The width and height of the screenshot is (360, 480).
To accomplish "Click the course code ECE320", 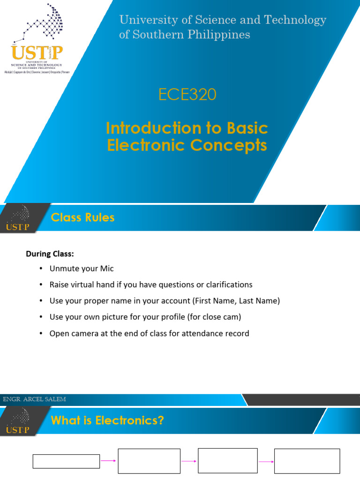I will (187, 95).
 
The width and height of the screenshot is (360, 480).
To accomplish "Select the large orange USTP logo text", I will (37, 53).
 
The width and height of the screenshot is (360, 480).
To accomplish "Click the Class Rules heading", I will (82, 217).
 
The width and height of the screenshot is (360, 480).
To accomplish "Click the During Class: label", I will (50, 254).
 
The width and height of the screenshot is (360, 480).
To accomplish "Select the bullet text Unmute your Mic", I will (82, 269).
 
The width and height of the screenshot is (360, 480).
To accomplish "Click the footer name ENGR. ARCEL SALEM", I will (34, 399).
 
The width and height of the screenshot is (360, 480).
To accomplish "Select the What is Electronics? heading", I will (107, 420).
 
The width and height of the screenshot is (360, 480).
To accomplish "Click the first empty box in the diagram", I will (66, 461).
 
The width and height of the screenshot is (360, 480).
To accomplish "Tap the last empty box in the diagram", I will (307, 461).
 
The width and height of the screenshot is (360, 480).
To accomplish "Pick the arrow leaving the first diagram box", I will (109, 461).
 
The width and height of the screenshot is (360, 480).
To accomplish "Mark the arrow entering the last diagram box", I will (266, 461).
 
